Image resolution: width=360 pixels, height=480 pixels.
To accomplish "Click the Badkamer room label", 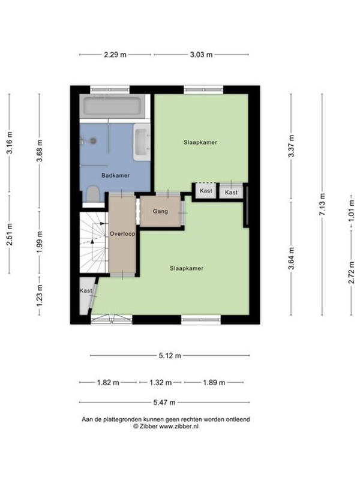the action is [x=115, y=175].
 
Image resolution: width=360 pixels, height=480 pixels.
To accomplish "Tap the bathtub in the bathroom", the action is [x=112, y=106].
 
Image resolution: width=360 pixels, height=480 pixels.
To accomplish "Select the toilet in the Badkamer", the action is [x=92, y=194].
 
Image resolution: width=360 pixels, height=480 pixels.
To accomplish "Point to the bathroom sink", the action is [x=142, y=142].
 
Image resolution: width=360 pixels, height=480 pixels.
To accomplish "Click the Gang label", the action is [x=160, y=211].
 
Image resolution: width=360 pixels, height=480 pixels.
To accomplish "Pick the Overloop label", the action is [x=122, y=233].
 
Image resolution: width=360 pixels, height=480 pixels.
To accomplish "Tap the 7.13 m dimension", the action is [x=322, y=204].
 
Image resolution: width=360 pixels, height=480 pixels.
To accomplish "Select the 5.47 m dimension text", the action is [x=164, y=402].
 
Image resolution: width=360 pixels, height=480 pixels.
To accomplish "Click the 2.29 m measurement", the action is [x=115, y=55].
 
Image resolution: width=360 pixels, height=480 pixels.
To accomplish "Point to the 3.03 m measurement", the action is [x=201, y=55].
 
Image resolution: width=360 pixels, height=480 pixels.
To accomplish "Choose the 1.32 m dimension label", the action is [x=160, y=383].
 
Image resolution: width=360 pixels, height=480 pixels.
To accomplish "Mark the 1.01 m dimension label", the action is [x=352, y=211].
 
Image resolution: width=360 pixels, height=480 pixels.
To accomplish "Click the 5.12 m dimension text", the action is [x=170, y=356].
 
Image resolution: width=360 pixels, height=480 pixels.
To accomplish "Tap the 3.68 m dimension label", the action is [x=40, y=151].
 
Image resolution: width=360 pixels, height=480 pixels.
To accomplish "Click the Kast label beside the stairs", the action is [x=86, y=290].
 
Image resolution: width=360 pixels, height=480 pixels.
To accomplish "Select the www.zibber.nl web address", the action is [x=179, y=426].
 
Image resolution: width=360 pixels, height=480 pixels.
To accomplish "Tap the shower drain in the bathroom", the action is [x=94, y=141].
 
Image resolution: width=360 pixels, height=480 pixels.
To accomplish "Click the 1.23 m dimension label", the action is [x=40, y=296].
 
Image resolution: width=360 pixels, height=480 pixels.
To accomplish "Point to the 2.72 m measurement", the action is [x=352, y=273].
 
